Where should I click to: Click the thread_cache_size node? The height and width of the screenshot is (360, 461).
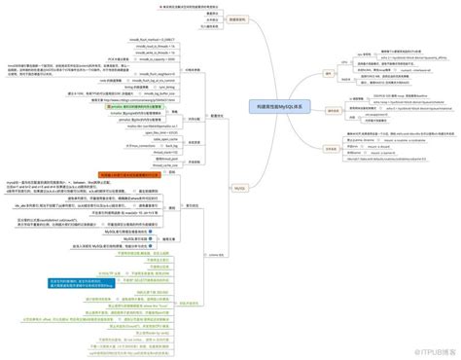click(x=161, y=165)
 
